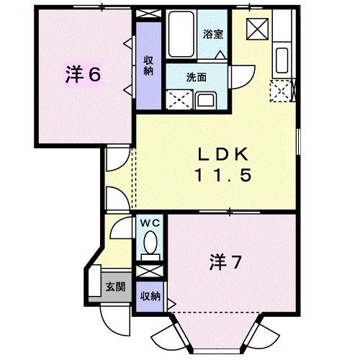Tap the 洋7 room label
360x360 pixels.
[x=225, y=261]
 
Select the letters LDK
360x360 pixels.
[x=224, y=153]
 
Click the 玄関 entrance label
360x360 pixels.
[x=115, y=287]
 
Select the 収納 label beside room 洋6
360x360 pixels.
[x=148, y=66]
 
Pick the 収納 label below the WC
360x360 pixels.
[x=149, y=297]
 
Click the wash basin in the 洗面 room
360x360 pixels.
[x=205, y=99]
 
